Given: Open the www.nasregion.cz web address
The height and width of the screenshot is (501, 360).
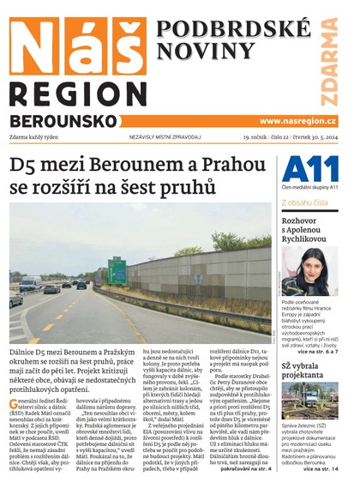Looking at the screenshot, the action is (x=297, y=122).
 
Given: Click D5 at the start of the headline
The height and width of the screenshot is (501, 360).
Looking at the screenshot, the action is (x=24, y=165).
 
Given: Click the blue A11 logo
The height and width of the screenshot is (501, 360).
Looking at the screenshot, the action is (x=305, y=168).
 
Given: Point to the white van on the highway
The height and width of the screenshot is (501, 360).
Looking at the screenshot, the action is (x=32, y=282).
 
